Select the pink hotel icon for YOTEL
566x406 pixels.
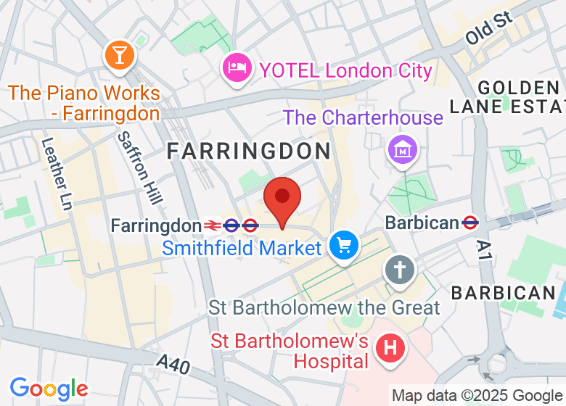[237, 68]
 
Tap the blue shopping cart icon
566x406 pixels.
[343, 246]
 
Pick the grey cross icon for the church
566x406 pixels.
[399, 269]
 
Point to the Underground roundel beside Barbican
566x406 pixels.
[469, 223]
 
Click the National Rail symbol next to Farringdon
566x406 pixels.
[213, 225]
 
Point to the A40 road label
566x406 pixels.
[174, 364]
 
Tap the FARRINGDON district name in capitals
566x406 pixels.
[249, 151]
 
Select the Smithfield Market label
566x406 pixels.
[242, 248]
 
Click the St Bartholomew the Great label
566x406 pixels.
[324, 307]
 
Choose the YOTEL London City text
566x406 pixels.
[345, 70]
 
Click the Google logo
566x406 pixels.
[49, 389]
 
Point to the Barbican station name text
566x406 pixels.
[422, 223]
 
